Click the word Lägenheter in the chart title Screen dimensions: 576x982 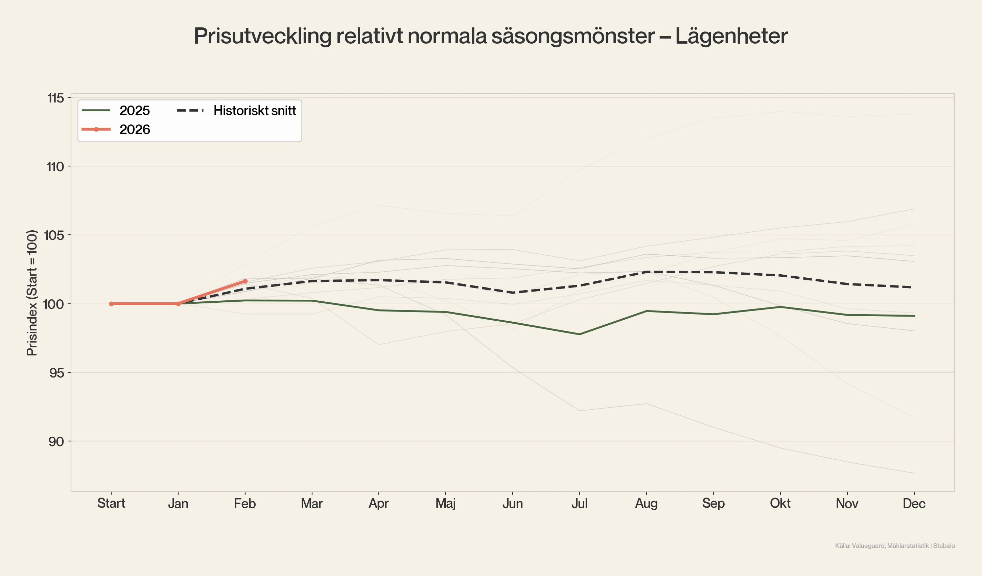coord(731,36)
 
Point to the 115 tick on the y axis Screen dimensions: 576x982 coord(55,98)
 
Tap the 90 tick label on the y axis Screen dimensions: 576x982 coord(56,441)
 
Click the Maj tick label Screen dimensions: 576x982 coord(445,504)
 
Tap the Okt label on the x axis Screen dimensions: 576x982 coord(780,503)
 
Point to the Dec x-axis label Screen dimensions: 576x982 coord(914,504)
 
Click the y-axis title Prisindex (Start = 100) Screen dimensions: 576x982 coord(32,293)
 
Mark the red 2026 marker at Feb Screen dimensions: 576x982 coord(245,281)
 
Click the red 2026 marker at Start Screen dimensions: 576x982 coord(112,304)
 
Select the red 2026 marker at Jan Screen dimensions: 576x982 coord(179,304)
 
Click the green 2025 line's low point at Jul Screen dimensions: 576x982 coord(580,334)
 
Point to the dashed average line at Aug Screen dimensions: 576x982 coord(647,272)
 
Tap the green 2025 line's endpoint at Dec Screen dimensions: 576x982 coord(914,316)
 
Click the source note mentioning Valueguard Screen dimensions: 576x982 coord(895,546)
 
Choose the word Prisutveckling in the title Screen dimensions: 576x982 coord(262,36)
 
